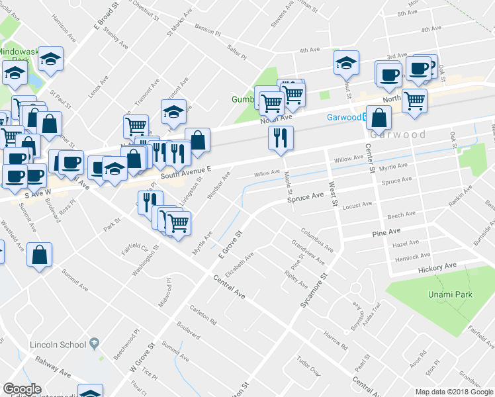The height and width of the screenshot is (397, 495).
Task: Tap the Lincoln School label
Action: click(x=58, y=345)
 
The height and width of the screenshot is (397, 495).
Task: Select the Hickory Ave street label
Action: click(x=437, y=267)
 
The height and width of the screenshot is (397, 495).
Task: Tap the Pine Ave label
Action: click(x=387, y=233)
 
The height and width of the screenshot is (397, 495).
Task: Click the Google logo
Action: click(x=22, y=388)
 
